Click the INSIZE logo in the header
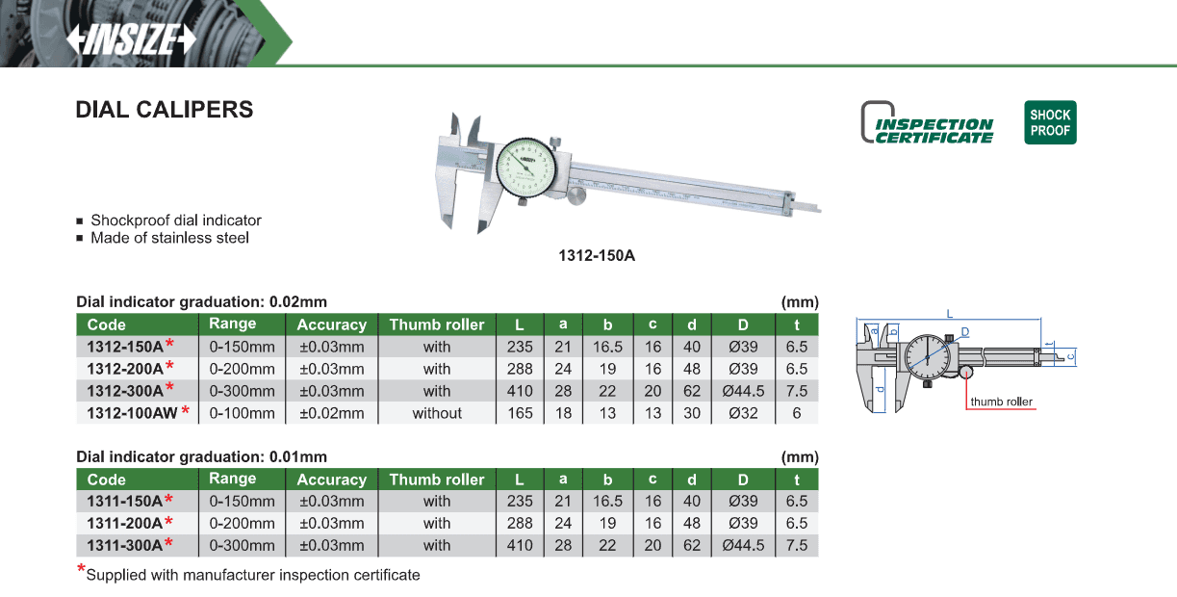click(131, 39)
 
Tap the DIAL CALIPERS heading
click(165, 110)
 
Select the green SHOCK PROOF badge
click(1050, 122)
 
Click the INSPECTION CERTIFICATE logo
click(928, 122)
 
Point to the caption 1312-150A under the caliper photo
click(597, 256)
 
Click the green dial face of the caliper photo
click(525, 168)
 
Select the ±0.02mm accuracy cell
click(332, 413)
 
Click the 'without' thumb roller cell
click(437, 413)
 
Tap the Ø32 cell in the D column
click(743, 413)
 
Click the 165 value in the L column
click(520, 413)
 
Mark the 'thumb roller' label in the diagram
click(1001, 402)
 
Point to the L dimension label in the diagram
click(950, 314)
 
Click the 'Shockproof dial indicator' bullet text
click(176, 221)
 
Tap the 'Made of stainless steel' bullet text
click(169, 238)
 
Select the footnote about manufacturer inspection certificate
click(253, 575)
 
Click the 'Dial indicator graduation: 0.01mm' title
click(201, 456)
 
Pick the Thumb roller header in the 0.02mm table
click(437, 324)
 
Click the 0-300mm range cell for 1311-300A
click(242, 546)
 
